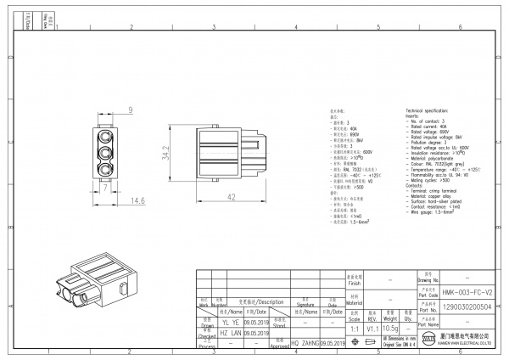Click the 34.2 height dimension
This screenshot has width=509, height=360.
pos(167,152)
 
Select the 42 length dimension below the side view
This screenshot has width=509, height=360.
pos(231,198)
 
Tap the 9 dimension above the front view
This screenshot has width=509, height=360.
pos(130,110)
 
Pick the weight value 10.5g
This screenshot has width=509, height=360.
pos(391,328)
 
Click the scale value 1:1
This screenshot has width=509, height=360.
pos(354,328)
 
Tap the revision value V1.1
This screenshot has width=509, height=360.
pos(372,328)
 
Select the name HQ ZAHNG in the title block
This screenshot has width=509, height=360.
pos(310,343)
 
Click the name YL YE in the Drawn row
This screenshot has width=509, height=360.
pos(230,323)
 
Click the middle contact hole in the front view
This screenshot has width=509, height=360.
pos(106,154)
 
